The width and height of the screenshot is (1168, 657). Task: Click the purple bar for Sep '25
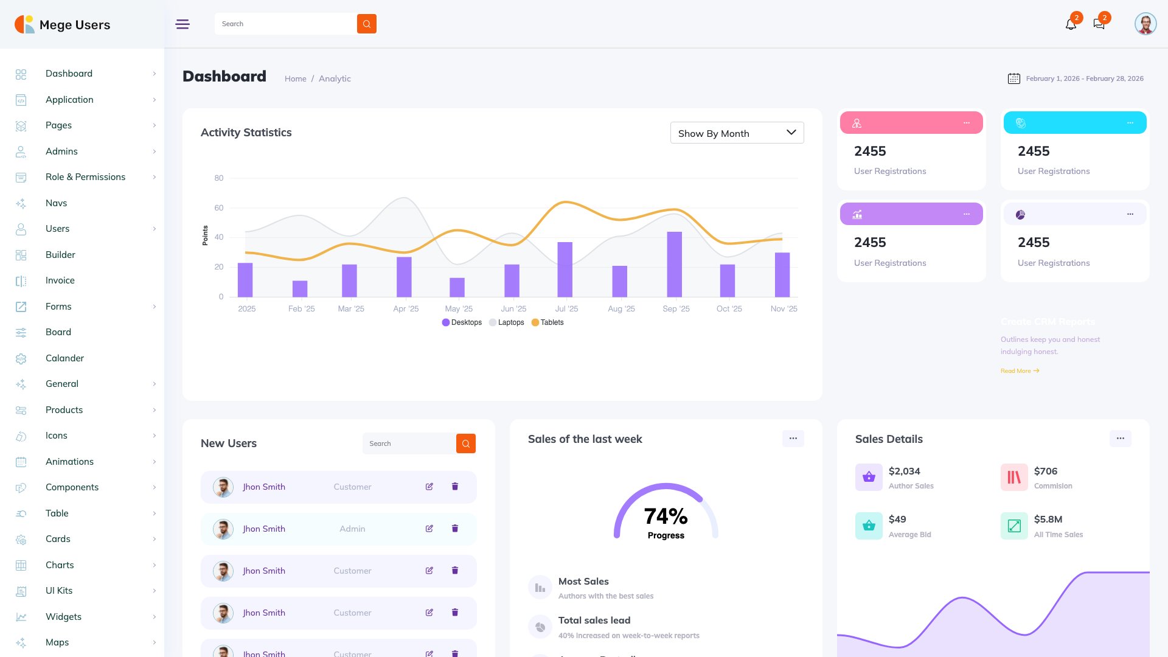pyautogui.click(x=674, y=264)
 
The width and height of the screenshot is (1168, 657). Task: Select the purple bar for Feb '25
pyautogui.click(x=300, y=288)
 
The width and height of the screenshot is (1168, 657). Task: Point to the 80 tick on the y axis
pyautogui.click(x=218, y=178)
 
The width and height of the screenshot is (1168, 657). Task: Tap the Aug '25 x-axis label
pyautogui.click(x=621, y=309)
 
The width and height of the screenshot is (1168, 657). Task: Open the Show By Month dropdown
pyautogui.click(x=737, y=133)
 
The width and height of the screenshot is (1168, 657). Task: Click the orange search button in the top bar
pyautogui.click(x=366, y=24)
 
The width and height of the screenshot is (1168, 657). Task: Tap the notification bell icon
pyautogui.click(x=1071, y=24)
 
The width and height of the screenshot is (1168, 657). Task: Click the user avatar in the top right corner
pyautogui.click(x=1145, y=24)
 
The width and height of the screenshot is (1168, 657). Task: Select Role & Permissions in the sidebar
pyautogui.click(x=85, y=177)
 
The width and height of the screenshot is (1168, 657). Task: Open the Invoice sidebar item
pyautogui.click(x=60, y=280)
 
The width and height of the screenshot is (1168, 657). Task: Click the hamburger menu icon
pyautogui.click(x=182, y=24)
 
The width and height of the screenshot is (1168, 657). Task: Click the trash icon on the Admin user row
pyautogui.click(x=454, y=529)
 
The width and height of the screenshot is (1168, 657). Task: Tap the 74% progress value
pyautogui.click(x=666, y=516)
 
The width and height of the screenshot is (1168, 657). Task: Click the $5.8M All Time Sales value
pyautogui.click(x=1048, y=520)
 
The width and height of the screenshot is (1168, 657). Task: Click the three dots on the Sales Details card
pyautogui.click(x=1120, y=439)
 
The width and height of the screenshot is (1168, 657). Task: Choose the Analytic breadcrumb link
pyautogui.click(x=335, y=79)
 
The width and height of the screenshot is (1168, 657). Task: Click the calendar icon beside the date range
pyautogui.click(x=1013, y=78)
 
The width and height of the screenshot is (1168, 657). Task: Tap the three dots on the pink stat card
pyautogui.click(x=966, y=123)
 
